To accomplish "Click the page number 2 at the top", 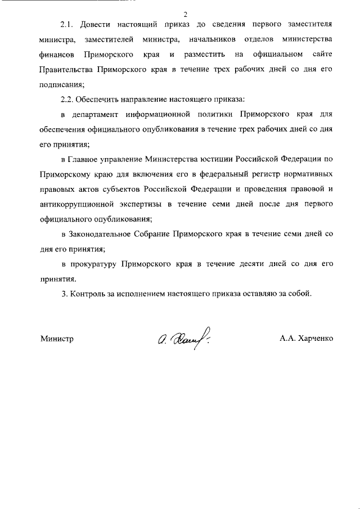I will click(184, 13).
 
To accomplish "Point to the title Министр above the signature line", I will click(57, 339).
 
